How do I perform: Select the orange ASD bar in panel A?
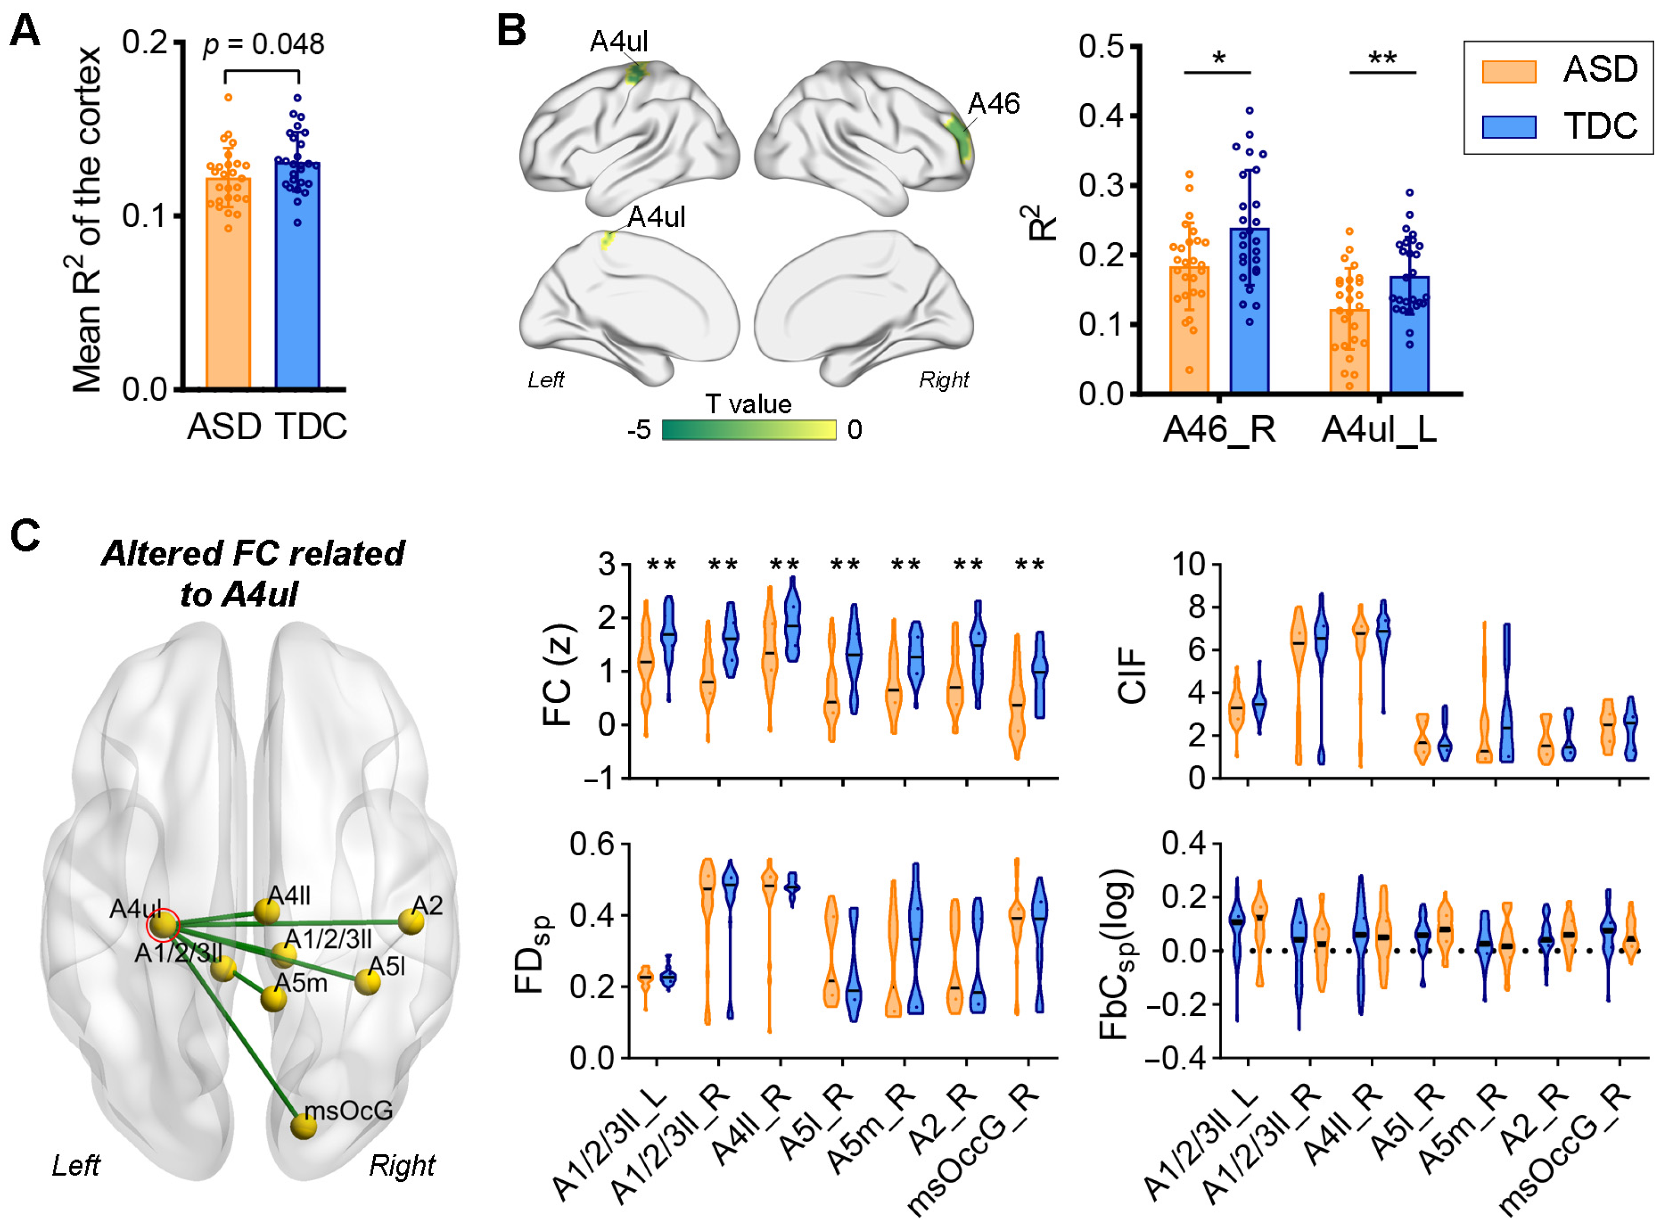(228, 298)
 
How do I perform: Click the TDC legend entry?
(1598, 126)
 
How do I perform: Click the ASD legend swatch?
(1508, 72)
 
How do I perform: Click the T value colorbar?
(748, 430)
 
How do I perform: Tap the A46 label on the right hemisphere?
(992, 104)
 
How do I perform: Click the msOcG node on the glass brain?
(303, 1126)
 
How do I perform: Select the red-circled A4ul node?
(163, 925)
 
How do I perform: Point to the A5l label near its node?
(387, 966)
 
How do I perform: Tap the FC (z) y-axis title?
(558, 674)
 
